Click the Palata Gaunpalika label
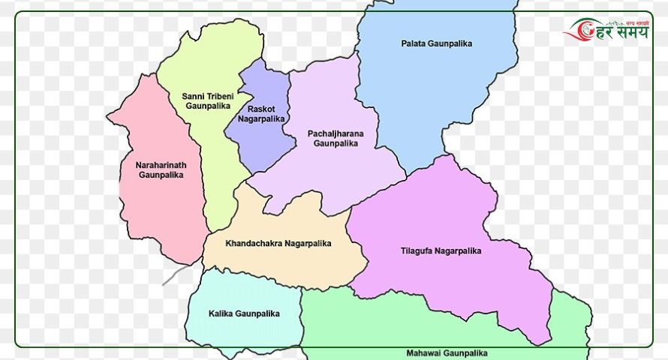click(x=436, y=44)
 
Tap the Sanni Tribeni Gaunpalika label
click(x=208, y=101)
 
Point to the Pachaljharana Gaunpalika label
click(x=336, y=138)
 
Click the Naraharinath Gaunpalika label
click(x=161, y=169)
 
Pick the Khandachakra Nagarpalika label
click(x=278, y=243)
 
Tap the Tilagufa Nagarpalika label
click(x=441, y=250)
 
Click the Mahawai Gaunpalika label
click(x=447, y=352)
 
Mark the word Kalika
click(x=221, y=313)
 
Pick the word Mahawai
click(x=424, y=352)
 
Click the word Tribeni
click(x=220, y=96)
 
